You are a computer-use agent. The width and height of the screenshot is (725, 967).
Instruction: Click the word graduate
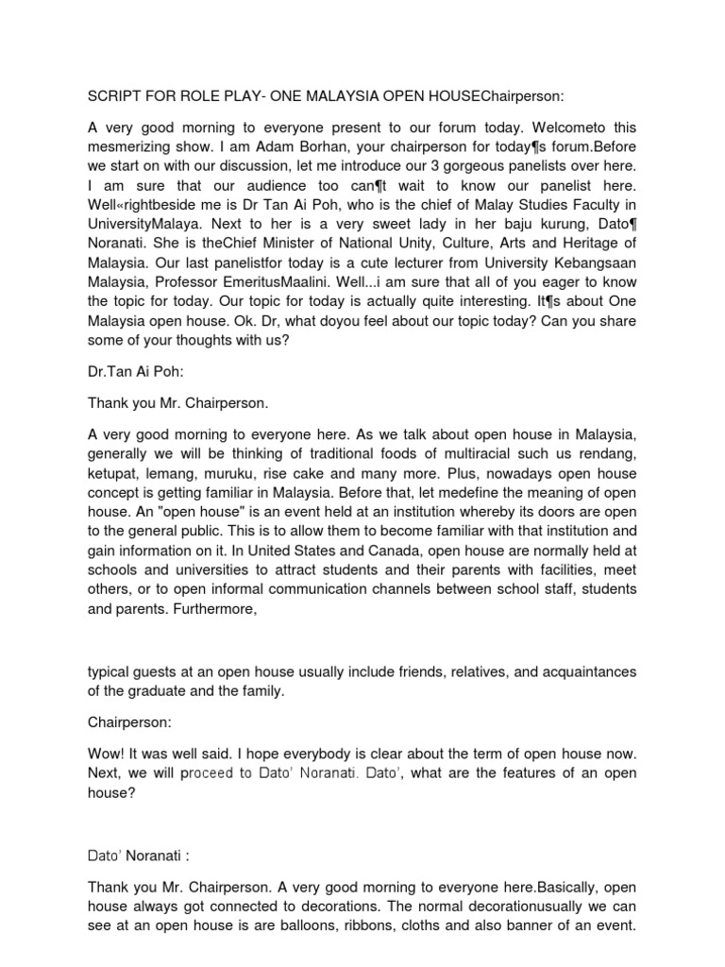tap(162, 695)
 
